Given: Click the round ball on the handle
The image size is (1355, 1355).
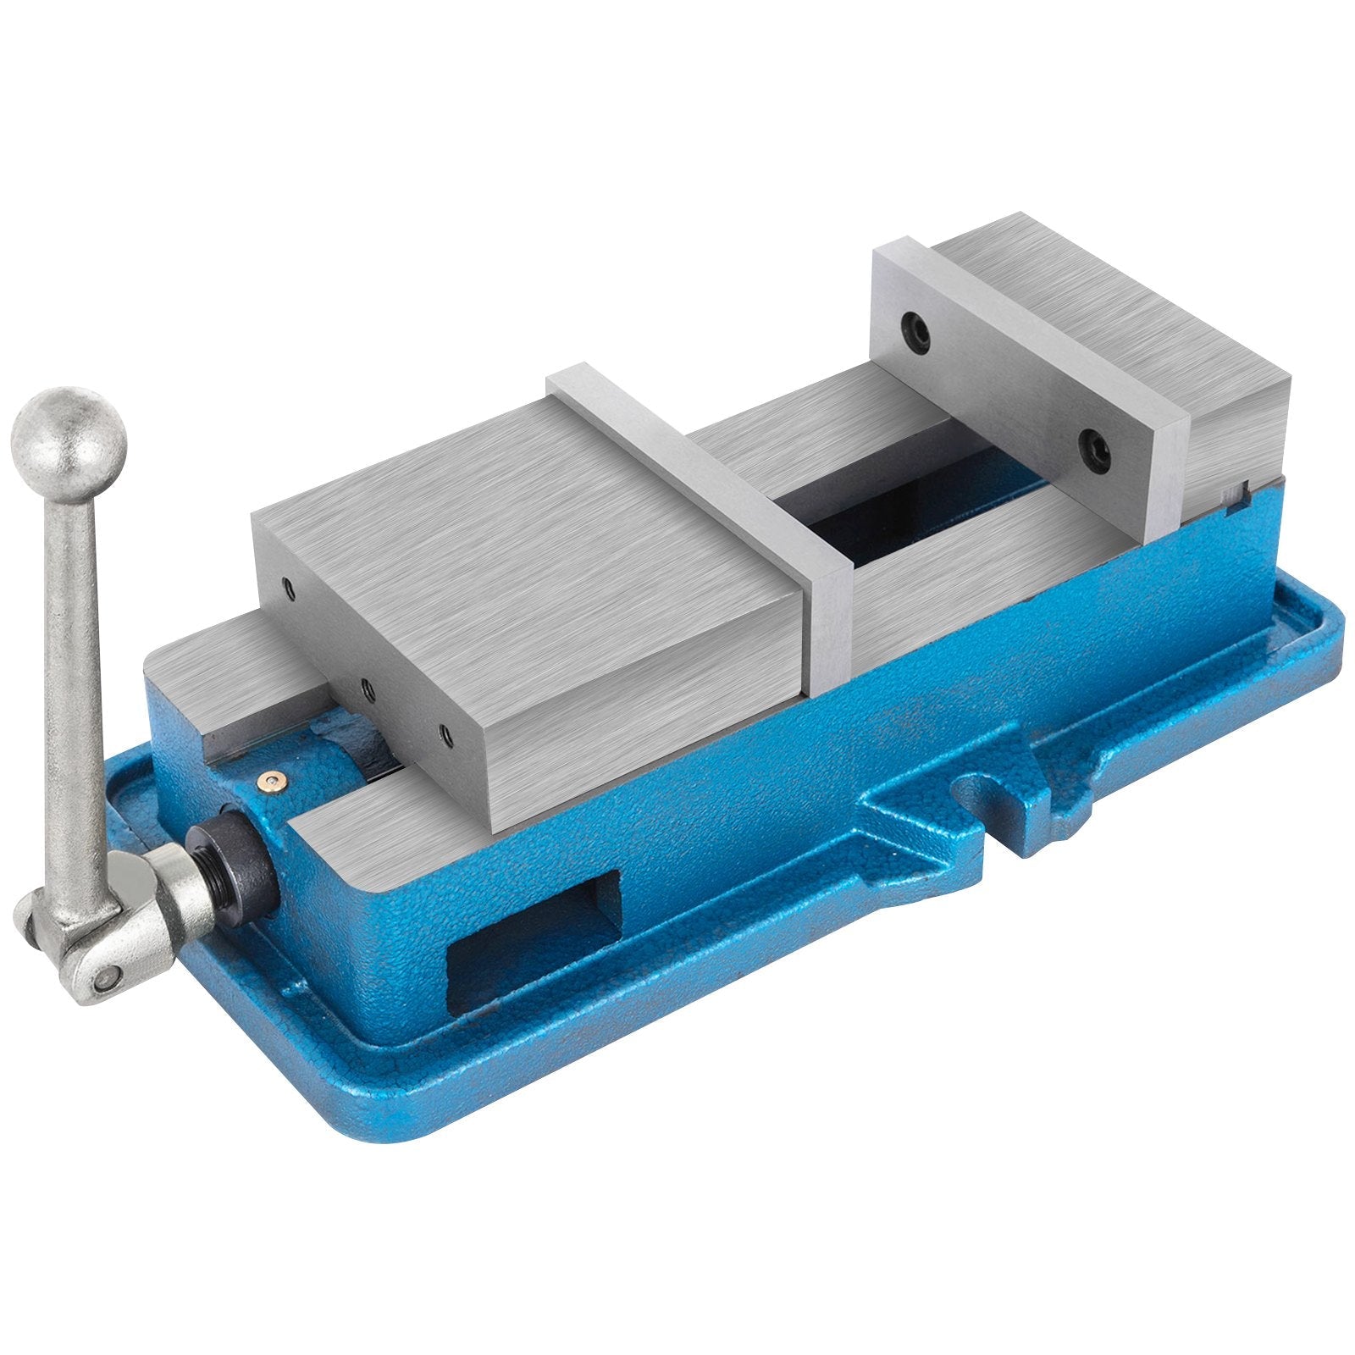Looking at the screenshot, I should point(69,445).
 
